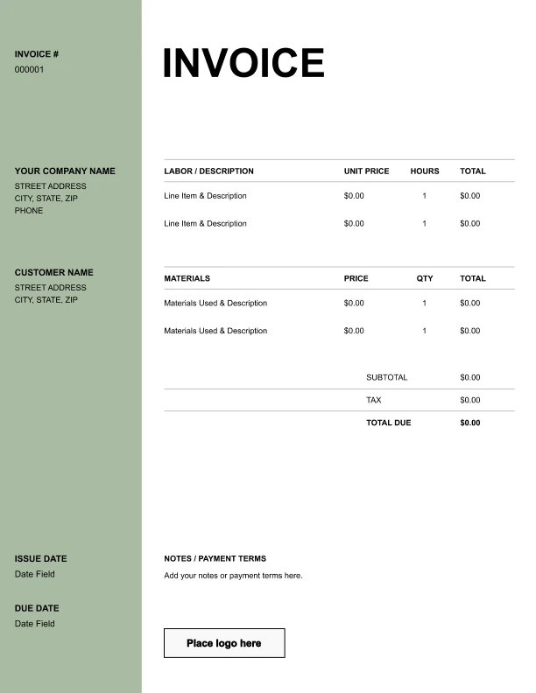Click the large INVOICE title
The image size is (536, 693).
[x=243, y=63]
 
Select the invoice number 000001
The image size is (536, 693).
[x=29, y=70]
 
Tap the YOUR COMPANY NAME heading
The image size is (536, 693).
[x=65, y=171]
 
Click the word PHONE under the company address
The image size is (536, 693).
[x=29, y=211]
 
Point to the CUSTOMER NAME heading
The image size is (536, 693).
[x=53, y=273]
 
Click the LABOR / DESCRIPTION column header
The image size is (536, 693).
[x=208, y=171]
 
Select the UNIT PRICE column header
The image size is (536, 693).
[x=366, y=171]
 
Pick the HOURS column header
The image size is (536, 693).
[x=425, y=171]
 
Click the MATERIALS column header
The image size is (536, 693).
[x=187, y=279]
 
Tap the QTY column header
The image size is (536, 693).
[x=425, y=279]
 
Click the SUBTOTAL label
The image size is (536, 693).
[x=386, y=378]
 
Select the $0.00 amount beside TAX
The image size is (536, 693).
[x=469, y=401]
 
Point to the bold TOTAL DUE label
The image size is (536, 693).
[x=388, y=423]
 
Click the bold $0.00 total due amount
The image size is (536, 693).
[x=469, y=423]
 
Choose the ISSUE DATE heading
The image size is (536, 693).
[x=40, y=559]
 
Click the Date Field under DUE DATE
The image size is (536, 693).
[x=34, y=624]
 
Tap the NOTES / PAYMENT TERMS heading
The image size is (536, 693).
[x=215, y=559]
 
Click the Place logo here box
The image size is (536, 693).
[x=224, y=643]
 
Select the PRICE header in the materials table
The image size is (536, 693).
[x=356, y=279]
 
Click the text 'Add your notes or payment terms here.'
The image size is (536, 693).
[x=233, y=576]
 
